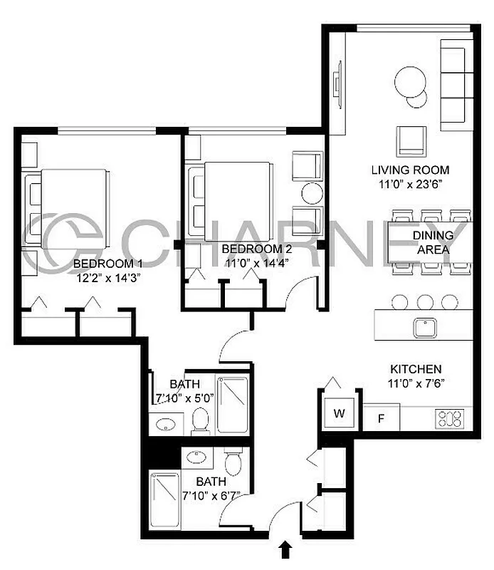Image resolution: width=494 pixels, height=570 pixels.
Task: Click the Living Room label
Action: coord(410,170)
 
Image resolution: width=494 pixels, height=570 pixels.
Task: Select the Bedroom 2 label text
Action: coord(257,249)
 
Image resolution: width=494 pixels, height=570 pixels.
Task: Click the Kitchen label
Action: coord(416,370)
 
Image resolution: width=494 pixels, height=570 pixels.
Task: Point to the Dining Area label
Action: coord(431,243)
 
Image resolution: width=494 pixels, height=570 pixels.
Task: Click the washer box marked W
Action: coord(339,413)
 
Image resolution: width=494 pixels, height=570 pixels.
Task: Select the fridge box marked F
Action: coord(381,418)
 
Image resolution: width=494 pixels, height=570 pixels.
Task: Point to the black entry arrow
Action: coord(285,549)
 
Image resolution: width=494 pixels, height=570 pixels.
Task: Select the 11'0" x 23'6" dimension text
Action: coord(410,185)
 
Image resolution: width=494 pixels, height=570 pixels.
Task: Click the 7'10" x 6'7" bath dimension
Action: coord(208,495)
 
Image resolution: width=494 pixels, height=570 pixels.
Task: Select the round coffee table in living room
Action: coord(410,81)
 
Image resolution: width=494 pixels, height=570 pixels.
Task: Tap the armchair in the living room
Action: coord(411,140)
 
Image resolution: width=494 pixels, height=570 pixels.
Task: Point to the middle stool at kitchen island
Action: coord(425,302)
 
